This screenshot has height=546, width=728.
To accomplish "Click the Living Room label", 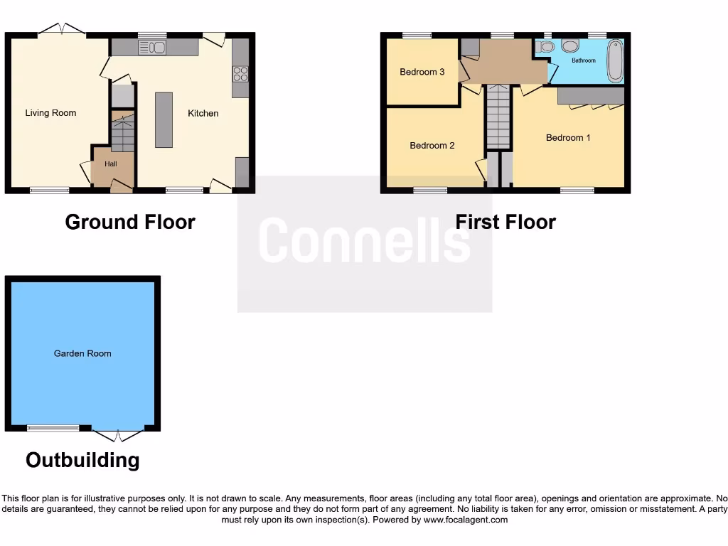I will coord(50,113).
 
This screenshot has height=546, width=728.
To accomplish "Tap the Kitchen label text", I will coord(203,113).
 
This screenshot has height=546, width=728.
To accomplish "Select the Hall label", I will coord(111,164).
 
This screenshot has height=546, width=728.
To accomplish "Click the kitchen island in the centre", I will coord(164,119).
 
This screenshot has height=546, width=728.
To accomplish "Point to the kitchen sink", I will coord(152,48).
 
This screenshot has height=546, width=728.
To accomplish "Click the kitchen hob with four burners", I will coord(240,73).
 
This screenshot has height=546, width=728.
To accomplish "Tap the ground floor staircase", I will coord(123,134).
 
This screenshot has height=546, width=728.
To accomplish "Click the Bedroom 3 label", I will coord(422,72).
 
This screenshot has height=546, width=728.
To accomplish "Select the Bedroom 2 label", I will coord(432,146).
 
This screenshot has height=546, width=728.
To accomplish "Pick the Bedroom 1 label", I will coord(568,138).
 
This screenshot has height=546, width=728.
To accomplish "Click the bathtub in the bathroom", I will coord(615,61).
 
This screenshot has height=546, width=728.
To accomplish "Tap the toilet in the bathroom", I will coord(546,47).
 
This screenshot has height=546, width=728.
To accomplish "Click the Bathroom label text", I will coord(584,60).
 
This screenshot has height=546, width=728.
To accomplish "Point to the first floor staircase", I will coord(498,117).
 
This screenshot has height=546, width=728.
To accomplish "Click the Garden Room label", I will coord(82,353).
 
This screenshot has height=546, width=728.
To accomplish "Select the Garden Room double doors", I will coord(118,434).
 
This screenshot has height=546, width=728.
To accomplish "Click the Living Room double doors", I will coord(62,29).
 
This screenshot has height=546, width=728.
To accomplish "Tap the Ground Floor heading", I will coord(130,222).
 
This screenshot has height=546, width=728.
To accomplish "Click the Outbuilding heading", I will coord(82,460).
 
